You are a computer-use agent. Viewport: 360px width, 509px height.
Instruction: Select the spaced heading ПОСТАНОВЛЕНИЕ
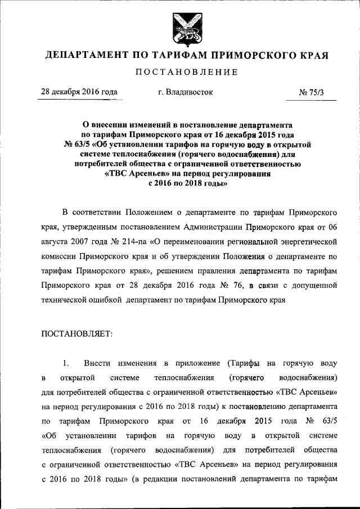tap(180, 72)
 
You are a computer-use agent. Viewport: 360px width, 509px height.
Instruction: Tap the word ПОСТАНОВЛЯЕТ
tap(77, 334)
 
